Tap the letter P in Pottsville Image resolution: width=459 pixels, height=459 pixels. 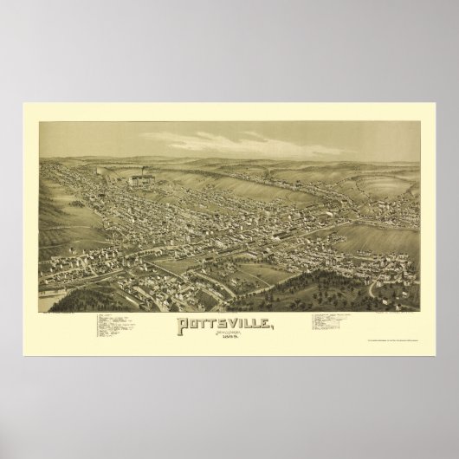pos(182,324)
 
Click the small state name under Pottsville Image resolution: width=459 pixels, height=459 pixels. pos(229,336)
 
